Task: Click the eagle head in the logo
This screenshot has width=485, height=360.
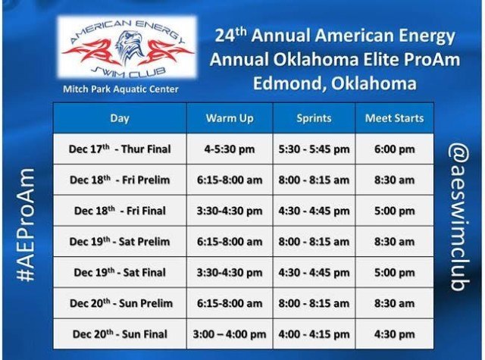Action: click(x=127, y=45)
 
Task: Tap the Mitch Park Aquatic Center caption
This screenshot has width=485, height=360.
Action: click(x=120, y=89)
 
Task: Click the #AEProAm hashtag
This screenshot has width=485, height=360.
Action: click(x=26, y=225)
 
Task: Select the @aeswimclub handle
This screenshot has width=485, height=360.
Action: click(x=459, y=217)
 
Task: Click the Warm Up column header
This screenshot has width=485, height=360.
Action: click(x=230, y=118)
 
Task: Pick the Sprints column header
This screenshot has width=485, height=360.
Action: click(x=314, y=118)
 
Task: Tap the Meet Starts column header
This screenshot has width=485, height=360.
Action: click(x=394, y=118)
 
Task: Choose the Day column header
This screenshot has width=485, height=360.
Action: click(x=120, y=118)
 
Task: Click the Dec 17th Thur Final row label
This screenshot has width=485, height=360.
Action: click(x=120, y=149)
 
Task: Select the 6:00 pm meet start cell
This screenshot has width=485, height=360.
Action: click(x=394, y=149)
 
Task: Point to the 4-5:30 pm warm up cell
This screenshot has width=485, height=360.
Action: click(x=230, y=149)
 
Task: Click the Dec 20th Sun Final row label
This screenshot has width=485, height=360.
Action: click(x=120, y=333)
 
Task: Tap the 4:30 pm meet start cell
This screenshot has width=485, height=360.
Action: click(x=394, y=334)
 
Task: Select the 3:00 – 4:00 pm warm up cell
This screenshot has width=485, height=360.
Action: click(x=230, y=334)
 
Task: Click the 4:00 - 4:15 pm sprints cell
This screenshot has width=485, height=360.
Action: click(x=314, y=334)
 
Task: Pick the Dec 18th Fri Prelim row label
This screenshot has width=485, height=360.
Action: click(x=120, y=180)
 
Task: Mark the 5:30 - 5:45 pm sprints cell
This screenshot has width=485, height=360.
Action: click(x=314, y=149)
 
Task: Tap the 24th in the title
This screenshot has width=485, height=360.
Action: click(x=230, y=35)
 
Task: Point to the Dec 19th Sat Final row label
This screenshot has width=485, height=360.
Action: click(x=120, y=272)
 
